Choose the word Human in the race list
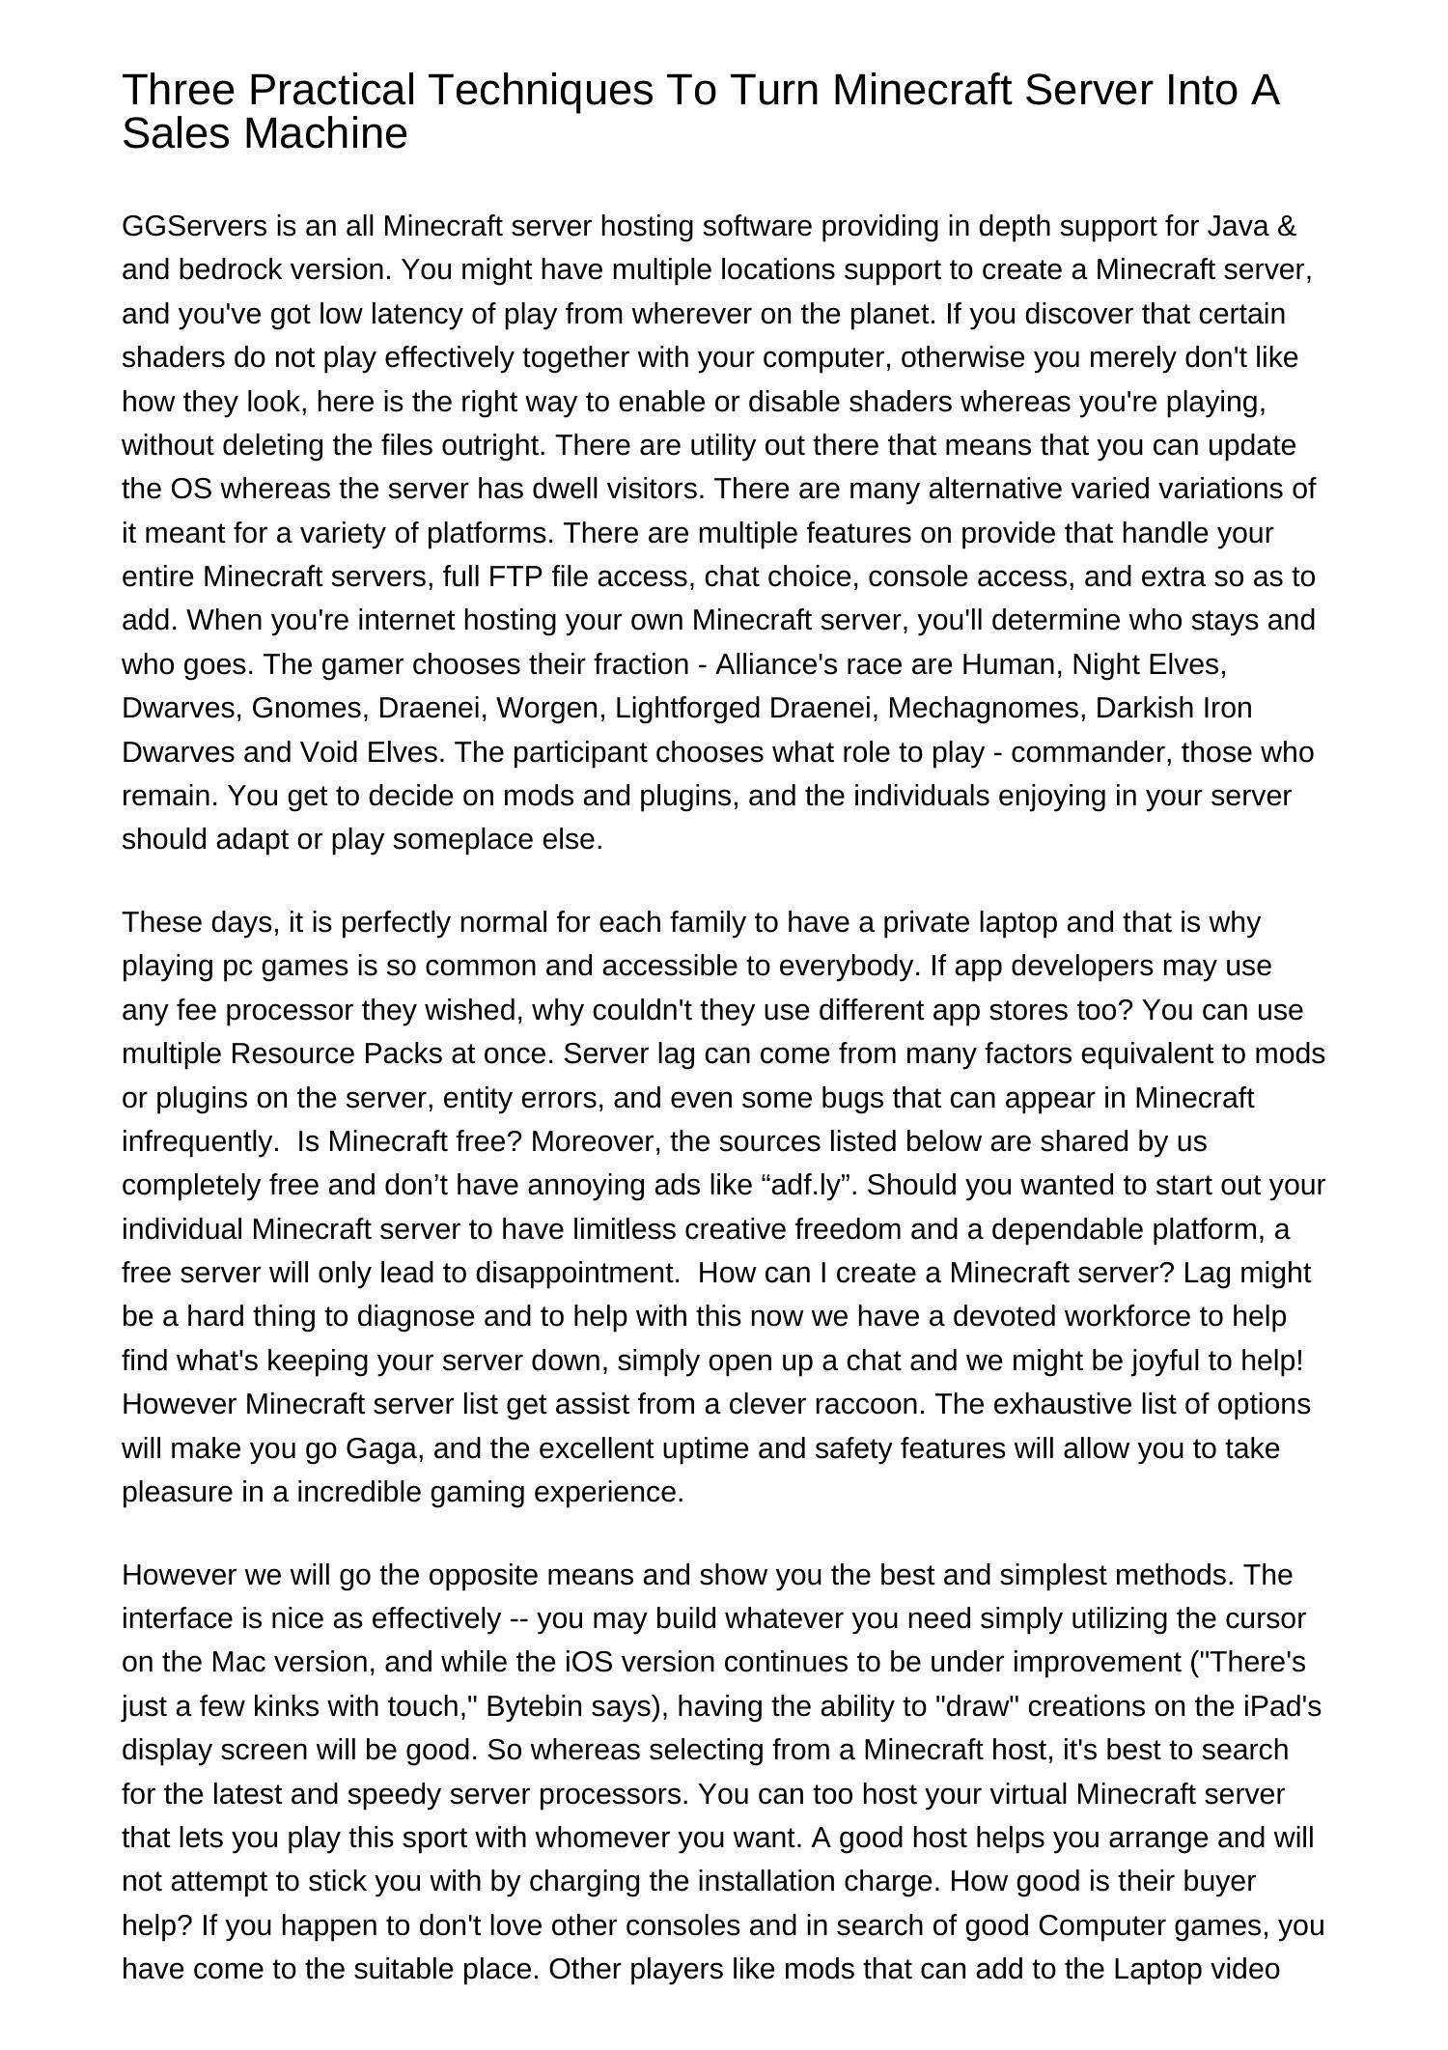(1013, 664)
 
